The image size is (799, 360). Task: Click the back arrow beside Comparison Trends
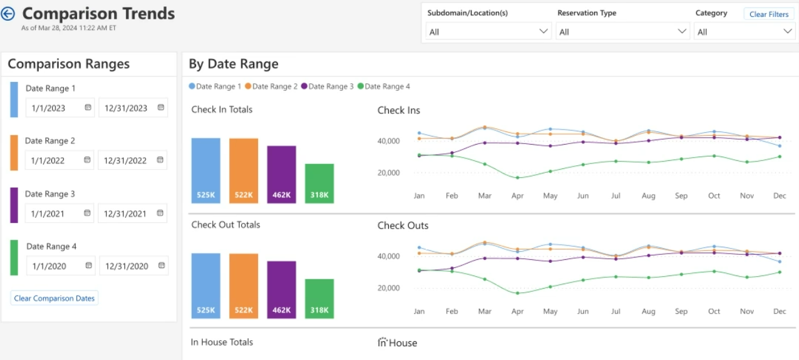(8, 14)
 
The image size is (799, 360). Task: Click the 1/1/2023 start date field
(55, 108)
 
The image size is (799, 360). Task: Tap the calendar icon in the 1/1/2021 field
(88, 213)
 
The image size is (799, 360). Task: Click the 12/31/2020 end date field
(126, 266)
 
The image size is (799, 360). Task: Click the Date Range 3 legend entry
(327, 86)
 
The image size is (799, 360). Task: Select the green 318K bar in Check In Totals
(319, 183)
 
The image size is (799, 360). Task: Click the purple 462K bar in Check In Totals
(282, 175)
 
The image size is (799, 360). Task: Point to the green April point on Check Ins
(517, 178)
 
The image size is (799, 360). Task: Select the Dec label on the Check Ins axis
(779, 196)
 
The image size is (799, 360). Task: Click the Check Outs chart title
(403, 225)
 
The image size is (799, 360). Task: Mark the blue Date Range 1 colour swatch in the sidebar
(14, 99)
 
